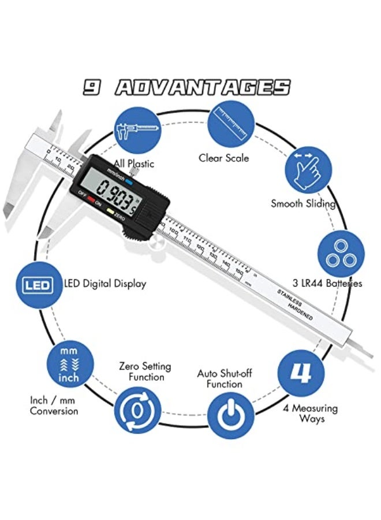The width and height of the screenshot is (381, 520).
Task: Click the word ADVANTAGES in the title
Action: [x=202, y=87]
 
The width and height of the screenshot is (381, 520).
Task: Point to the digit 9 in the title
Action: [x=92, y=87]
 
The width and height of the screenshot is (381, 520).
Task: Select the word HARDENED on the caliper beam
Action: [x=299, y=312]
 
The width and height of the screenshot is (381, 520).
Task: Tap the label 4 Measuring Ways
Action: [x=311, y=413]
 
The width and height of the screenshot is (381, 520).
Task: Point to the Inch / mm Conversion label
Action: [x=54, y=406]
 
